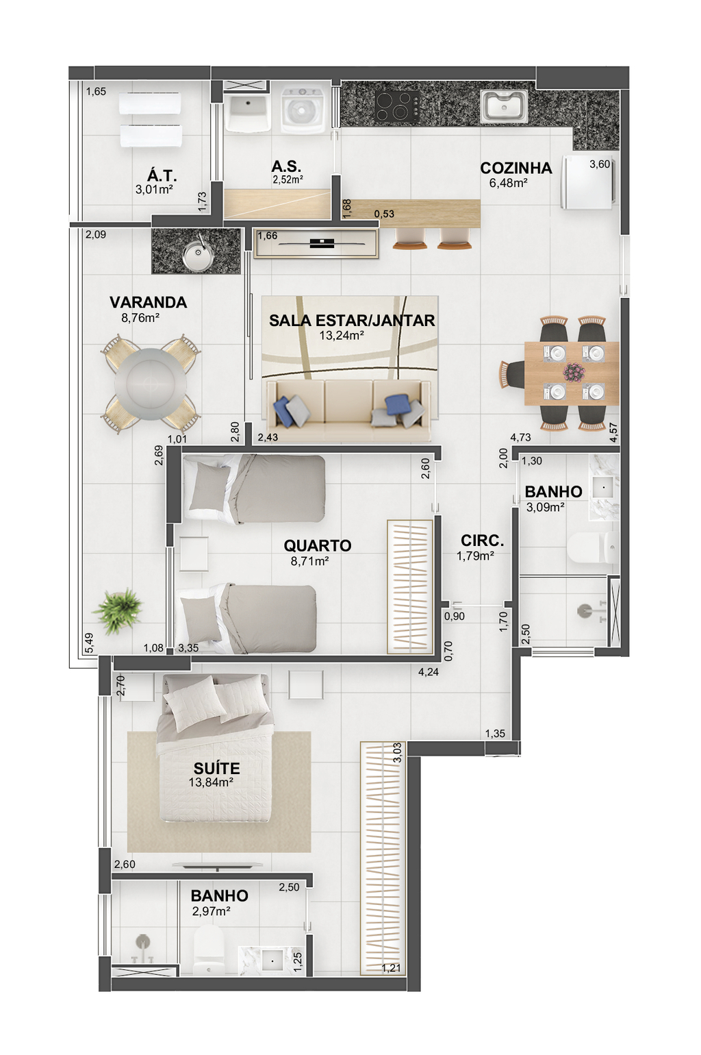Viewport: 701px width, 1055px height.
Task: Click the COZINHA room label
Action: [515, 168]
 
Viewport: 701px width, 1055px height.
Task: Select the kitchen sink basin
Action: [504, 106]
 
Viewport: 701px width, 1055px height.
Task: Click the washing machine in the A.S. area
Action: [303, 110]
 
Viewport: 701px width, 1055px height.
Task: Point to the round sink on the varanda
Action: [199, 256]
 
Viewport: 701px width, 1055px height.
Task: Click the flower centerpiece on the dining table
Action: [574, 371]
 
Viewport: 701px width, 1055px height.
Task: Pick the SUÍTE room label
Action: [216, 768]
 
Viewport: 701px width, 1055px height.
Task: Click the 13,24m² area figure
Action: [342, 336]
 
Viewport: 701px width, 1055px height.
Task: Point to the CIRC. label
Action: [482, 541]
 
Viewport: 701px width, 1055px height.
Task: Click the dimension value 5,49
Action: [89, 643]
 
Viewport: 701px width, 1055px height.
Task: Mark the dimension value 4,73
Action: [520, 437]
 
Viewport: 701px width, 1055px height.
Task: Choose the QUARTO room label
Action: [318, 545]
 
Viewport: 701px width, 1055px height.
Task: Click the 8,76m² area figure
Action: [140, 317]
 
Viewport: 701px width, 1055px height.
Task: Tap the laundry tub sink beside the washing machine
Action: [247, 113]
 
